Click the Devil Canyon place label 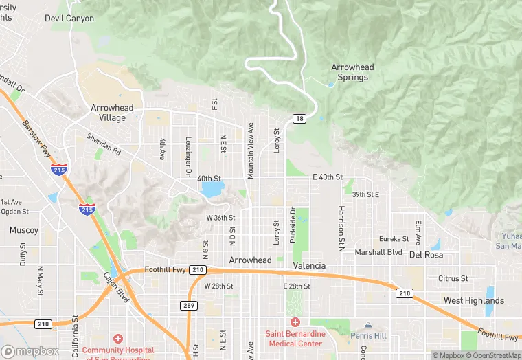69,18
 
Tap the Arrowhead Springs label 352,72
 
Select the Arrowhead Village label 109,113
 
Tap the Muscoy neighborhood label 24,230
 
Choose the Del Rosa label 425,254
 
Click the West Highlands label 473,300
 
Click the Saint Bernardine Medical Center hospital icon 295,322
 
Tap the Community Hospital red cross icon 118,338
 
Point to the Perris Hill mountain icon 367,324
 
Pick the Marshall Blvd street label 378,252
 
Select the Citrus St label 453,278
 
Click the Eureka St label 394,239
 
